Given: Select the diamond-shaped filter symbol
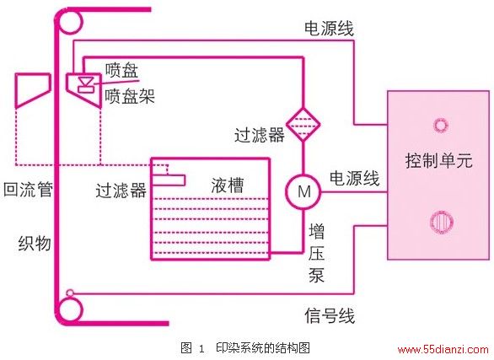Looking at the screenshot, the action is pyautogui.click(x=303, y=125).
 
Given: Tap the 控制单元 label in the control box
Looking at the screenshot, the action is pyautogui.click(x=438, y=160).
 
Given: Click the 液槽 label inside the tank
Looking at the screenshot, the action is pyautogui.click(x=227, y=185).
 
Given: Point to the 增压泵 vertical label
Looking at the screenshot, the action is pyautogui.click(x=316, y=253).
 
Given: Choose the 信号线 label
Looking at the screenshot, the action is pyautogui.click(x=330, y=315).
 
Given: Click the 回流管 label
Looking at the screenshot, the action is pyautogui.click(x=28, y=190).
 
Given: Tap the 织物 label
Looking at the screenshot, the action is pyautogui.click(x=35, y=243).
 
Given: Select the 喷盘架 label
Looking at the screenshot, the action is pyautogui.click(x=130, y=96).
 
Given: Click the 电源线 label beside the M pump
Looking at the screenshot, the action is pyautogui.click(x=354, y=179).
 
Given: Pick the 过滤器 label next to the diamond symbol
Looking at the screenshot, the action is pyautogui.click(x=260, y=136).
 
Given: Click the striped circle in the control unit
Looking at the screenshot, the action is pyautogui.click(x=442, y=222).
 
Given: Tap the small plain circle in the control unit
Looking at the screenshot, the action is pyautogui.click(x=440, y=125).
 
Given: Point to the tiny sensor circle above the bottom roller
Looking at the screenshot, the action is pyautogui.click(x=70, y=293).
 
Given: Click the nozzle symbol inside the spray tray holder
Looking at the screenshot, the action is pyautogui.click(x=86, y=84).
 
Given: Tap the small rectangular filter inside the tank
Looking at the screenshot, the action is pyautogui.click(x=168, y=180).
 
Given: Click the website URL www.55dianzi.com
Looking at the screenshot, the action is pyautogui.click(x=443, y=349).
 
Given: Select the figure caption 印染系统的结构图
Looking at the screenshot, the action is pyautogui.click(x=263, y=347).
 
